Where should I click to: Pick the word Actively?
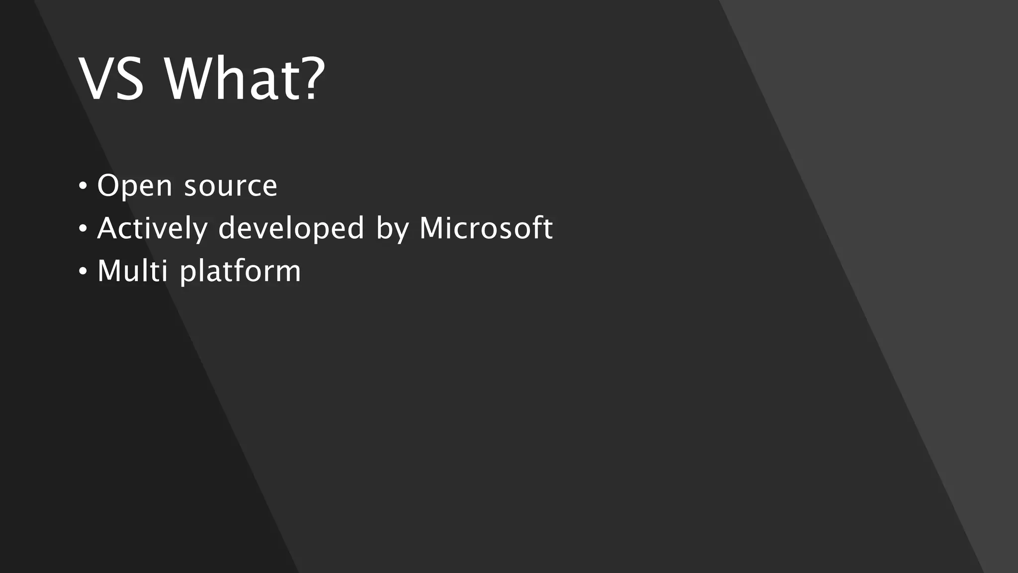point(152,229)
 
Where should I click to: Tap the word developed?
point(291,229)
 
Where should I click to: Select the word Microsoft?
point(486,229)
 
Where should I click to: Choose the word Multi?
point(132,271)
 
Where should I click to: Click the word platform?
point(240,272)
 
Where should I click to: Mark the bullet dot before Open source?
point(83,187)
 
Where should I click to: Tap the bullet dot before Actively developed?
point(83,229)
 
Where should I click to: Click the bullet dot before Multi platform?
point(83,272)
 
